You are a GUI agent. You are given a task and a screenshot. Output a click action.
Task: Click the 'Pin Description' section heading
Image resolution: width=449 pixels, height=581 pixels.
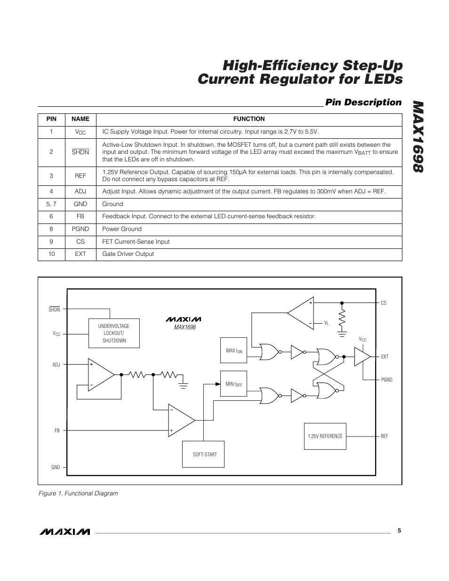tap(363, 103)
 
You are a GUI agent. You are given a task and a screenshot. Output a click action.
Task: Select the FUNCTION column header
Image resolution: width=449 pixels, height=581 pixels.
tap(249, 119)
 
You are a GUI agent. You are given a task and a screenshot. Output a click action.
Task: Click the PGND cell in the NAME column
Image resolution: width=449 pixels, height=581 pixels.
tap(80, 229)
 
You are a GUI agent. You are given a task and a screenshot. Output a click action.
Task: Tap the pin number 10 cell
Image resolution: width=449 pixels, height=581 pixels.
tap(51, 254)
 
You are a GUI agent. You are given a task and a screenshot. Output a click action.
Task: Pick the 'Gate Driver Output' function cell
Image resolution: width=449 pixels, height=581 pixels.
tap(128, 254)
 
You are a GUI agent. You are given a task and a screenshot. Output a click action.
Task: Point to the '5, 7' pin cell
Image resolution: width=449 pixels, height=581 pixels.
tap(51, 204)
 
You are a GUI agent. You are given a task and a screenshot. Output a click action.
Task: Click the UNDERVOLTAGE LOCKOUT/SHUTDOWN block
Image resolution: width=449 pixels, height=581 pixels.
tap(114, 333)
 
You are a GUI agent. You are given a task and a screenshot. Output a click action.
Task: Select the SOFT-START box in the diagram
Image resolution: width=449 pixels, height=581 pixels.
tap(205, 454)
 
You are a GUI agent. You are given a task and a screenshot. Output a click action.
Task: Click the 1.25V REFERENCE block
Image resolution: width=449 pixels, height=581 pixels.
tap(325, 437)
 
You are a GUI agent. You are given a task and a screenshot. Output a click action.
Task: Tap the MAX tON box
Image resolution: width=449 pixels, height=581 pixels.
tap(233, 350)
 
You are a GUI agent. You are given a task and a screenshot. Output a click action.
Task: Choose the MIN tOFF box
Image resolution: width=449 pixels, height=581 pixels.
tap(233, 384)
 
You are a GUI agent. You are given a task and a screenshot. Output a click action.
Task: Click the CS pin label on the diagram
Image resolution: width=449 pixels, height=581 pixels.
tap(384, 303)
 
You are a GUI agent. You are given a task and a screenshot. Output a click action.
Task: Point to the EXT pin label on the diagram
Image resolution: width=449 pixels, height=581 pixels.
tap(385, 357)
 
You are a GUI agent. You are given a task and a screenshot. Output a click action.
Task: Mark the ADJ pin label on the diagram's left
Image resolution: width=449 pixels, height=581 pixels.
tap(56, 365)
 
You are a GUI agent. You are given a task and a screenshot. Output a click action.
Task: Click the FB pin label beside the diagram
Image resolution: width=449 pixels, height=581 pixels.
tap(57, 430)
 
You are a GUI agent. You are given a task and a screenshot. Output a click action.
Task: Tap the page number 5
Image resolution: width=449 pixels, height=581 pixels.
tap(399, 531)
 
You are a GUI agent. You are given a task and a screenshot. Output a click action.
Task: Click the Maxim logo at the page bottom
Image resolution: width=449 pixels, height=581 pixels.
tap(65, 532)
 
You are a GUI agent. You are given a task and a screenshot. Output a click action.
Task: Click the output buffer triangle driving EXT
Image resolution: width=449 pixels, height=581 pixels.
tap(361, 357)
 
